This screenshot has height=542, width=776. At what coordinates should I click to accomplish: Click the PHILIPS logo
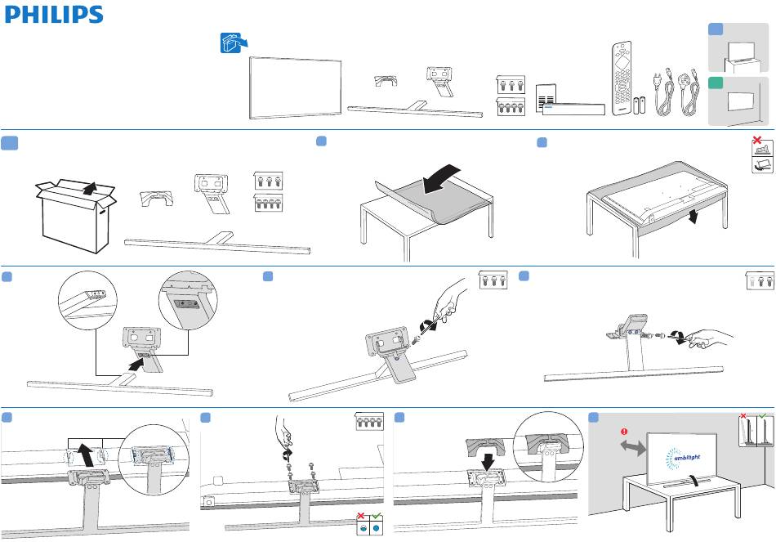[x=53, y=15]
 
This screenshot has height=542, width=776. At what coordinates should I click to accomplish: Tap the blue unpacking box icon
[x=233, y=43]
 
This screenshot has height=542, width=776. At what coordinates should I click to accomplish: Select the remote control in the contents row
[x=622, y=78]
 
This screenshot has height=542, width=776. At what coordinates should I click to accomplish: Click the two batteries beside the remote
[x=640, y=105]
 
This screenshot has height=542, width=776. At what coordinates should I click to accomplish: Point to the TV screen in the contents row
[x=295, y=87]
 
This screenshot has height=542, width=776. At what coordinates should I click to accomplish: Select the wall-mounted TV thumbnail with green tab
[x=738, y=101]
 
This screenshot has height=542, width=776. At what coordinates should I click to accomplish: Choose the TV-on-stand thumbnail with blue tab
[x=738, y=47]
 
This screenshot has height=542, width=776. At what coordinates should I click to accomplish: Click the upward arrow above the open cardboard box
[x=90, y=189]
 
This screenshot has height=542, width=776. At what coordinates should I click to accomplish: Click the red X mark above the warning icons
[x=756, y=141]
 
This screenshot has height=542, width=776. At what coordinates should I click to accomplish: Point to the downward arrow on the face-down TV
[x=695, y=216]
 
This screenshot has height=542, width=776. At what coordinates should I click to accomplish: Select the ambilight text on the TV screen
[x=687, y=458]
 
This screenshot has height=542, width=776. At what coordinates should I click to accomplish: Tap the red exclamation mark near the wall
[x=624, y=431]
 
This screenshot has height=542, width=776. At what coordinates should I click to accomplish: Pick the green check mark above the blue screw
[x=376, y=516]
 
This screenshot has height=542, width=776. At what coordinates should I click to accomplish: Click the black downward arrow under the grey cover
[x=488, y=462]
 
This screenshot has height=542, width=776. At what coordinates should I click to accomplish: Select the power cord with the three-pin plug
[x=689, y=93]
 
